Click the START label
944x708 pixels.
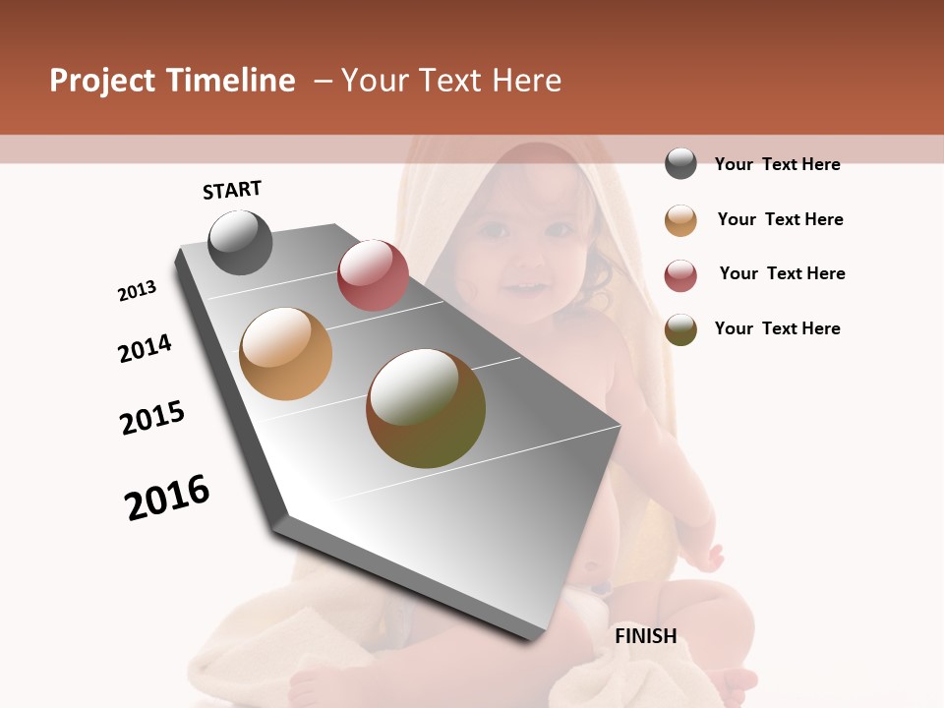(x=232, y=190)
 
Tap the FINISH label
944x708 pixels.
(x=645, y=636)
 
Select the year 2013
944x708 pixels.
(x=138, y=291)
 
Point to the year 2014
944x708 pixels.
(x=145, y=348)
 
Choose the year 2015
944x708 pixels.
(x=152, y=418)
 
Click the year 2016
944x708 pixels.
(x=167, y=498)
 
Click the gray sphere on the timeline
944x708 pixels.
(x=240, y=242)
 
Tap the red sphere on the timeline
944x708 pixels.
(x=373, y=275)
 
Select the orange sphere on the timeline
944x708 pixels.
(x=285, y=354)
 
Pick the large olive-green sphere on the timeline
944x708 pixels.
(x=426, y=408)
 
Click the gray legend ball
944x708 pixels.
(x=680, y=164)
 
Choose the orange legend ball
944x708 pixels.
(x=680, y=220)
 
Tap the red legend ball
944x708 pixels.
(x=680, y=275)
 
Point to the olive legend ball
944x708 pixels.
(x=680, y=329)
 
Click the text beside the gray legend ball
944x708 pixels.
(x=777, y=164)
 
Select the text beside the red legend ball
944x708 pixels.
(x=782, y=273)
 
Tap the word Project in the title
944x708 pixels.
(x=102, y=81)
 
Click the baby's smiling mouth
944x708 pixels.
(x=523, y=289)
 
